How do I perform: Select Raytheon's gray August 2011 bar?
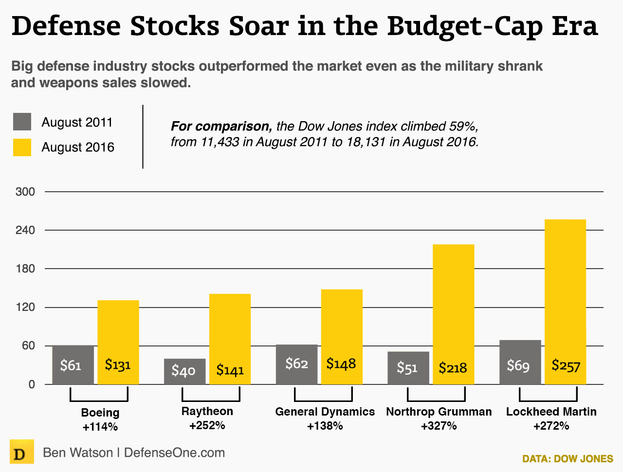coord(185,371)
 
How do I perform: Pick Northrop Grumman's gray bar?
coord(408,367)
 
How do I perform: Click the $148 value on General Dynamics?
coord(341,363)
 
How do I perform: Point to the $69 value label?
coord(518,365)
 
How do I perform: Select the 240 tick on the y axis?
coord(25,230)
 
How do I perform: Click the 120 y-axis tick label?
coord(25,308)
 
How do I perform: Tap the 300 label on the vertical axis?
coord(25,192)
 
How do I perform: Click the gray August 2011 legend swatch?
coord(22,122)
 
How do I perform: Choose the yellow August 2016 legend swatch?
coord(22,147)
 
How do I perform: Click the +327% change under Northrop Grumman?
coord(439,426)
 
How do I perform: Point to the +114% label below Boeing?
coord(100,427)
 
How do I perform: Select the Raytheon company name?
coord(207,411)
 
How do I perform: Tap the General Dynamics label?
coord(325,412)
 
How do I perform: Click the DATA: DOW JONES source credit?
coord(568,459)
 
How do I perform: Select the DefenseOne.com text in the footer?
coord(174,453)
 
